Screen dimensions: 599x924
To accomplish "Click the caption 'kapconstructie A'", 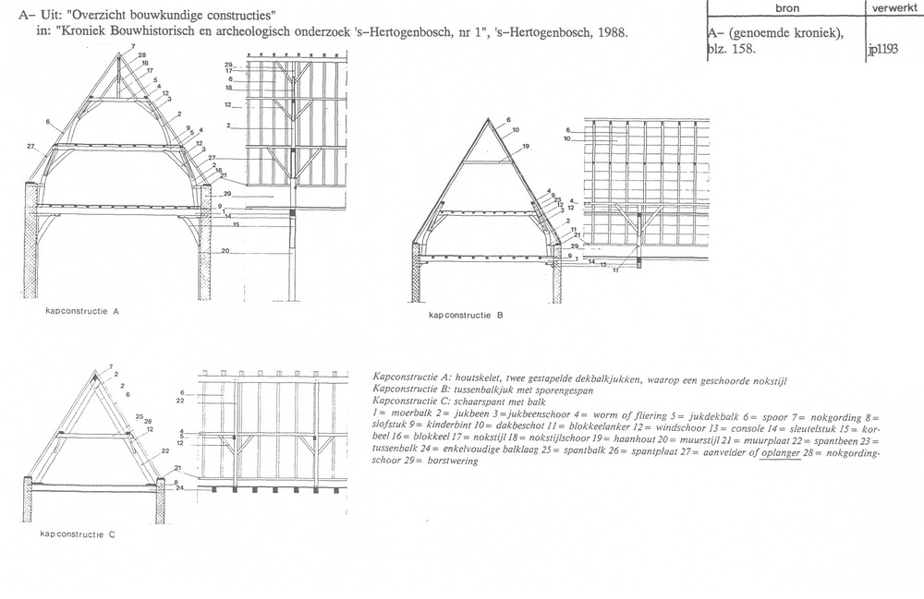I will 83,312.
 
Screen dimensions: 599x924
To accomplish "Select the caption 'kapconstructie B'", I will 467,315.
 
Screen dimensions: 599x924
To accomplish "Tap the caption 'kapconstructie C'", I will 79,534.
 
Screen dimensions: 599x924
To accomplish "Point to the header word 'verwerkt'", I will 892,6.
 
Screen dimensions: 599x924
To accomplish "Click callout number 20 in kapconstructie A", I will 225,252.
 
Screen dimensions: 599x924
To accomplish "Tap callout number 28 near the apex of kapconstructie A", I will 142,54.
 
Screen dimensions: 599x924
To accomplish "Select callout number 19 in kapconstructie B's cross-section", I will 525,147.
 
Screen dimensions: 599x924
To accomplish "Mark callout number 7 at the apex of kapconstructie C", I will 110,366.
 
